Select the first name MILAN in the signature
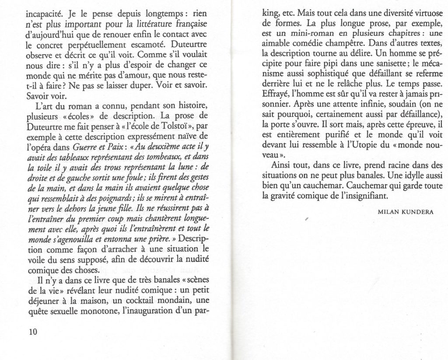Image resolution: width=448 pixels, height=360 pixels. click(386, 212)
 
